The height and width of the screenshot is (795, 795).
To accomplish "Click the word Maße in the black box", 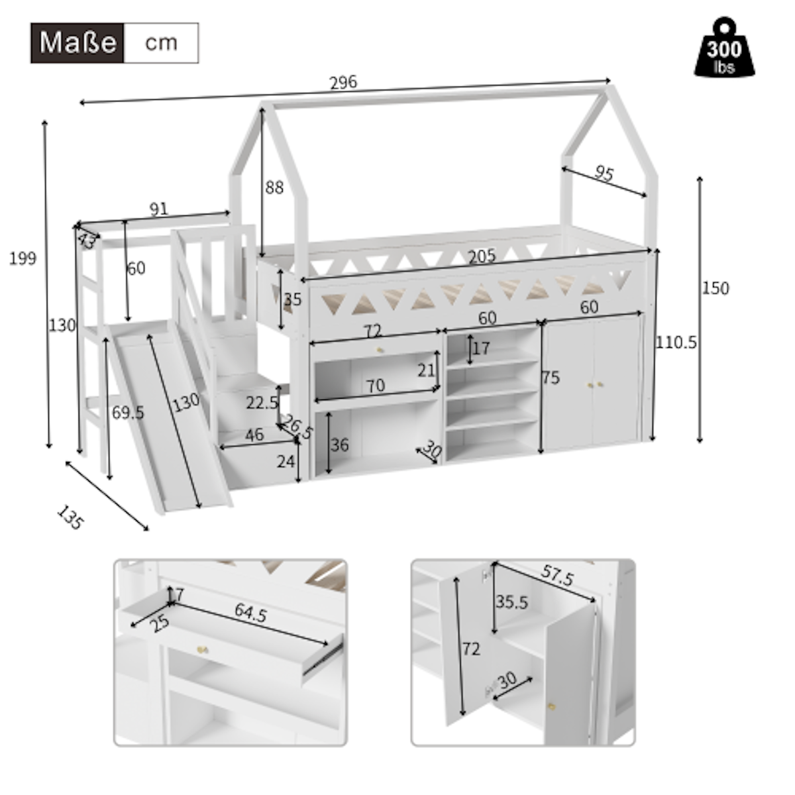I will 78,43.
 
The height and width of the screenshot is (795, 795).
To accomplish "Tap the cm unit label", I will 161,43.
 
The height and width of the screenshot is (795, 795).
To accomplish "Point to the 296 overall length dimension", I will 343,82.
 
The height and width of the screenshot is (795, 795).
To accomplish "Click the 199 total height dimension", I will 23,258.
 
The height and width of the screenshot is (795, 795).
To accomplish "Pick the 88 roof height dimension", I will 274,187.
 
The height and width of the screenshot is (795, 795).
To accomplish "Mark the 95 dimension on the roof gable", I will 604,174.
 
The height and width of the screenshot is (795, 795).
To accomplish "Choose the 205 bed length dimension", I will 482,256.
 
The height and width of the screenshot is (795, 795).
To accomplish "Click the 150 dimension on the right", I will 715,288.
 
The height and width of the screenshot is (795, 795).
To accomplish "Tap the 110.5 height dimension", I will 676,343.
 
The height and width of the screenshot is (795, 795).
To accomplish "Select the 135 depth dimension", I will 70,517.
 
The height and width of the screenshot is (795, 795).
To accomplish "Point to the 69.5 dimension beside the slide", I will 128,413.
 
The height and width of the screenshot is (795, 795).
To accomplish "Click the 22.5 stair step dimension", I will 262,402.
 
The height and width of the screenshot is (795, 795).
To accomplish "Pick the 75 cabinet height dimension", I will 551,378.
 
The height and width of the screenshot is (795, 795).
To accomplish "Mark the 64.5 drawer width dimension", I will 250,614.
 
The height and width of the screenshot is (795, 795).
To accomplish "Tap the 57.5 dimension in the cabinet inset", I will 557,576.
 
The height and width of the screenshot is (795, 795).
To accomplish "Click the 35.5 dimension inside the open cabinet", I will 512,602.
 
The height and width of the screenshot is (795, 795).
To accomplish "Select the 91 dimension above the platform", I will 158,209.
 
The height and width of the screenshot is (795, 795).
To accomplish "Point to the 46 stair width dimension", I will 254,435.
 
